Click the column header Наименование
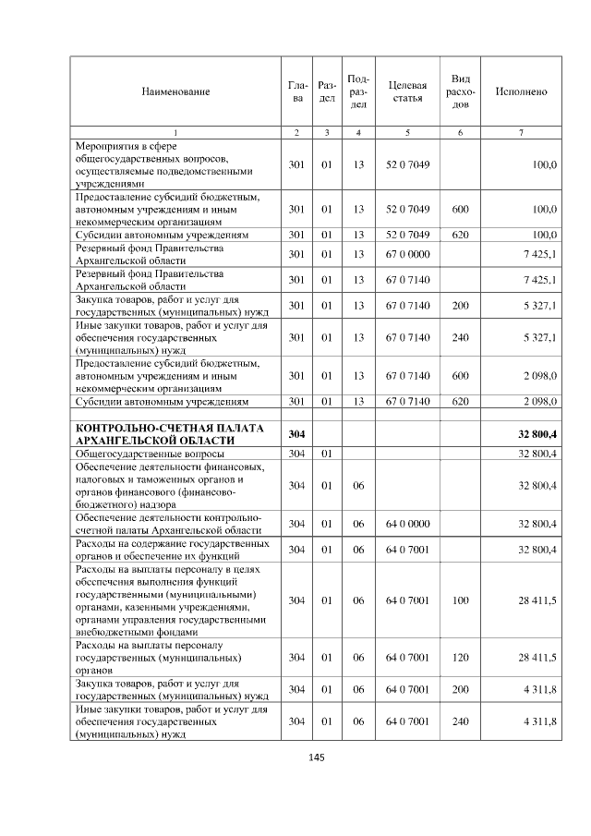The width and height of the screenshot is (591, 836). click(x=175, y=91)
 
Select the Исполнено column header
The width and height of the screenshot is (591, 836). click(x=521, y=91)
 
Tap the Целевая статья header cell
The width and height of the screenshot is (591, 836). click(x=407, y=91)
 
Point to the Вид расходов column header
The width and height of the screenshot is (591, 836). click(x=461, y=91)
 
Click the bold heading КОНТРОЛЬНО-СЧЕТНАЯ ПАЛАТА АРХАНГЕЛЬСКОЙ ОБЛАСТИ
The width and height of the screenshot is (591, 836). click(x=170, y=434)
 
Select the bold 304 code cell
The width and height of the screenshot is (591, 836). click(x=296, y=434)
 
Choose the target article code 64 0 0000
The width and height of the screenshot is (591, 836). click(x=407, y=524)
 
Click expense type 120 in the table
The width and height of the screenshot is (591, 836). click(x=461, y=657)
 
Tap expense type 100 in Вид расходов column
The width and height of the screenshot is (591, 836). click(x=461, y=600)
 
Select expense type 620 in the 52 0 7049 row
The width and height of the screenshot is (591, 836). click(x=461, y=235)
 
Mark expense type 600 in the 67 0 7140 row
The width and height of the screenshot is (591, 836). click(x=461, y=375)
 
